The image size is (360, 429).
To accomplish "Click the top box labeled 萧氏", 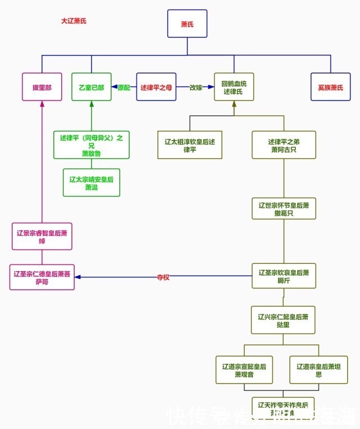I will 187,24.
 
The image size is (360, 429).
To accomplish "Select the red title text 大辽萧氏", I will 74,21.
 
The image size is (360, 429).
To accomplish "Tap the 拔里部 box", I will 42,88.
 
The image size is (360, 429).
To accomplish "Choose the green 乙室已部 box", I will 92,88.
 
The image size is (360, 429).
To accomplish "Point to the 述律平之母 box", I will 156,88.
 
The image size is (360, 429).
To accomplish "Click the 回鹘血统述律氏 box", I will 234,88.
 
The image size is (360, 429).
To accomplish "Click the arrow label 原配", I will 124,88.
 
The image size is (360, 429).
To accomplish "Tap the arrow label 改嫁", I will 195,88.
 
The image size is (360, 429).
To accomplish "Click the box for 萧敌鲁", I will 91,145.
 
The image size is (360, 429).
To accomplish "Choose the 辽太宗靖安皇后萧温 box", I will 92,183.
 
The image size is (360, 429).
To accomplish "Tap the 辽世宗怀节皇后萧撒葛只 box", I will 284,209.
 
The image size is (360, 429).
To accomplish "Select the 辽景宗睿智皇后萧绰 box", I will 42,236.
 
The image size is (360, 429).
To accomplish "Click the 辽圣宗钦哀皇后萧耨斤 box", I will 284,276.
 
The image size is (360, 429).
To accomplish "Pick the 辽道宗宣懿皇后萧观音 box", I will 244,370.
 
